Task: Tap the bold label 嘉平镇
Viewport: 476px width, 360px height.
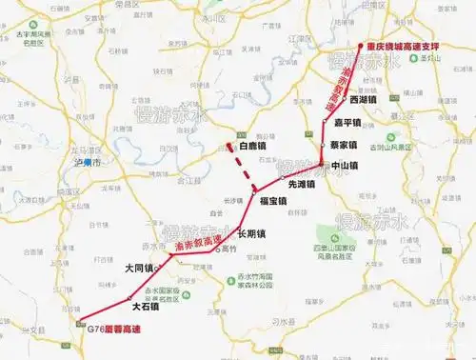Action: tap(347, 123)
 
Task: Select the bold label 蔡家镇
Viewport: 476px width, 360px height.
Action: tap(343, 146)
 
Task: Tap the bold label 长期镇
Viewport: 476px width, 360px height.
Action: tap(250, 233)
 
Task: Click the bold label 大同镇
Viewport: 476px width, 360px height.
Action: tap(139, 270)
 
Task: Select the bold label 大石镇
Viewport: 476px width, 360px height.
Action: tap(146, 307)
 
